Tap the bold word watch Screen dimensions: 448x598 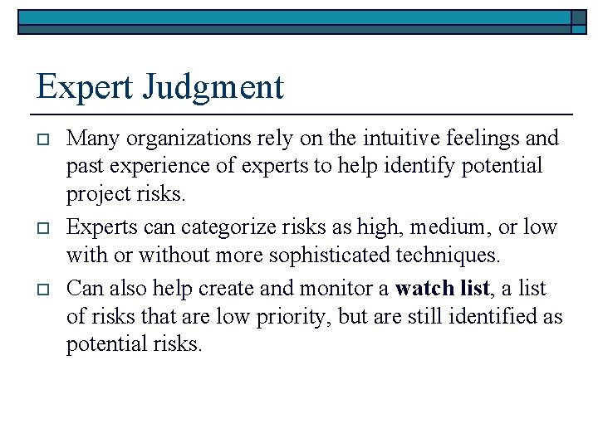(423, 289)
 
